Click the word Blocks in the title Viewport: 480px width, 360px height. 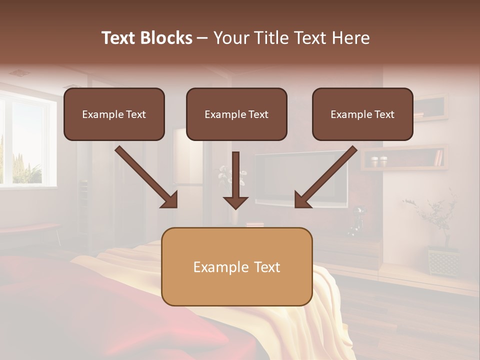click(x=166, y=38)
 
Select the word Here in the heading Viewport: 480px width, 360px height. click(x=350, y=38)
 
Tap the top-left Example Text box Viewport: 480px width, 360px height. click(x=114, y=114)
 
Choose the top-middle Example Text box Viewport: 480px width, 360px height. click(x=236, y=114)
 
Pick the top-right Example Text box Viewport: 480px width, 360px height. click(x=362, y=114)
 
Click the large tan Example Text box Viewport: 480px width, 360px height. click(x=236, y=266)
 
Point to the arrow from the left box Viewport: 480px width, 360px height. click(x=146, y=176)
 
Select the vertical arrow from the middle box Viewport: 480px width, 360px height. click(x=235, y=180)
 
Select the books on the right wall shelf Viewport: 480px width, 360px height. click(x=438, y=157)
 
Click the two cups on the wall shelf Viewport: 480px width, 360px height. click(x=379, y=161)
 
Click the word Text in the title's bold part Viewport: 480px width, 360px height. click(x=118, y=38)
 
